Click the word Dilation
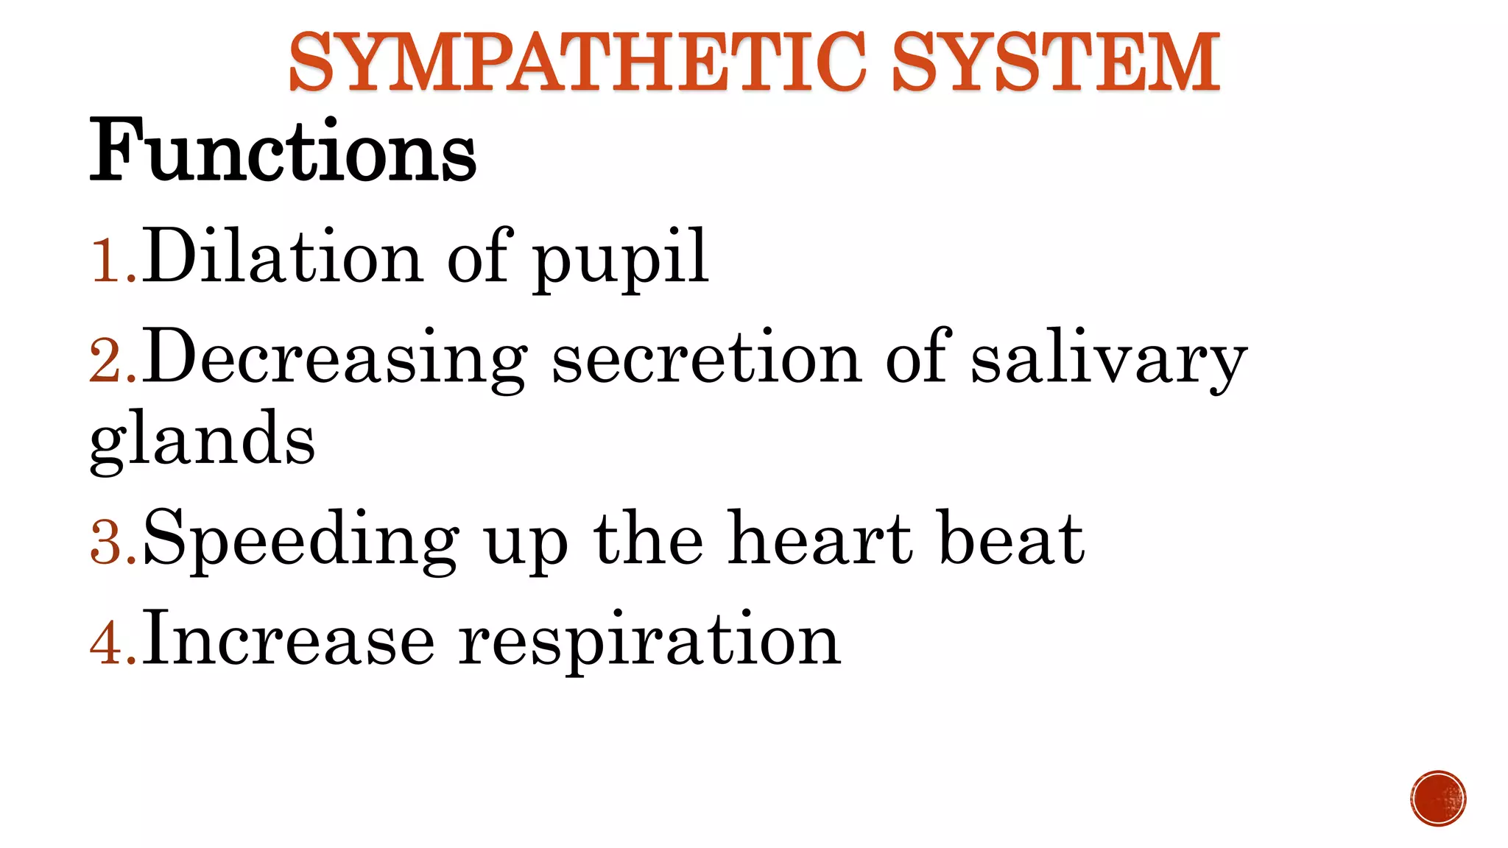pyautogui.click(x=283, y=256)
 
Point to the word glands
pyautogui.click(x=202, y=440)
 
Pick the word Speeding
pyautogui.click(x=302, y=541)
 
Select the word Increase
pyautogui.click(x=289, y=639)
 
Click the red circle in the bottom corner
pyautogui.click(x=1438, y=799)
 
